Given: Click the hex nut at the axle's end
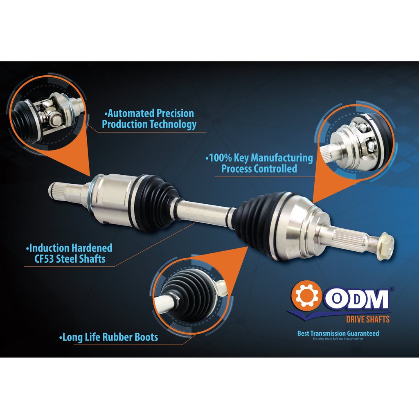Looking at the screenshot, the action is coord(385,247).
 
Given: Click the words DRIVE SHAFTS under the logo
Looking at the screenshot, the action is coord(368,319).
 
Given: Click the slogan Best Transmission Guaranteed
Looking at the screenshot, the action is coord(338,333).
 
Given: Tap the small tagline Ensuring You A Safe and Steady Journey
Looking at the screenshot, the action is coord(338,338).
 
